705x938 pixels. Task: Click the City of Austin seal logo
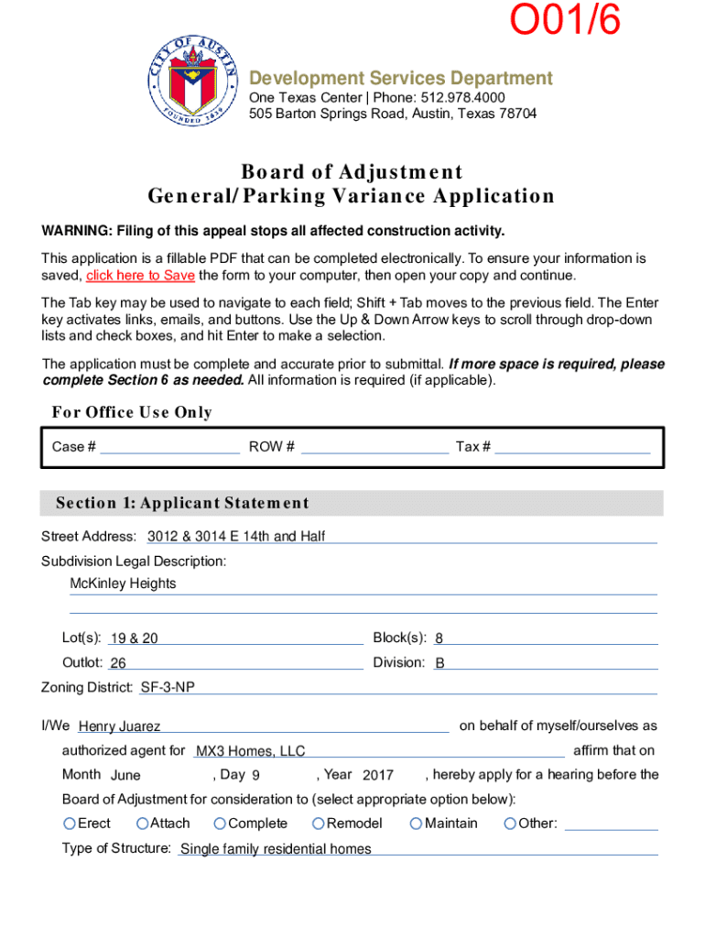pos(194,82)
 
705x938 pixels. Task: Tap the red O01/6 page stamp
pos(564,24)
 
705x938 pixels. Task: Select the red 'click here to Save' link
pos(140,276)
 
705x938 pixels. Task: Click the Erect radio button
pos(70,824)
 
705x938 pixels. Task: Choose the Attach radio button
pos(142,824)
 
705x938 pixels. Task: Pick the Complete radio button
pos(220,824)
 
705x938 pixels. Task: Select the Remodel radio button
pos(319,824)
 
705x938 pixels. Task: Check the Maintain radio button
pos(417,824)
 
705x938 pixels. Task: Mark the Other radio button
pos(510,824)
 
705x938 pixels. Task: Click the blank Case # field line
pos(170,448)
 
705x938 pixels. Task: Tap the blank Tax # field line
pos(572,448)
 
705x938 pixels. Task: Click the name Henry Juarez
pos(120,727)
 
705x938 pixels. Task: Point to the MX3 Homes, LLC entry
pos(251,752)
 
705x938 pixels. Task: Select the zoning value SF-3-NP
pos(168,688)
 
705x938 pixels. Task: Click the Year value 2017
pos(378,776)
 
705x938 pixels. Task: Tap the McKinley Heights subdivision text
pos(124,584)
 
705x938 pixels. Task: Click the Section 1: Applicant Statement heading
pos(182,504)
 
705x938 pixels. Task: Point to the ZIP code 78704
pos(516,115)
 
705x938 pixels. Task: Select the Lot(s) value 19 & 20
pos(134,639)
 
